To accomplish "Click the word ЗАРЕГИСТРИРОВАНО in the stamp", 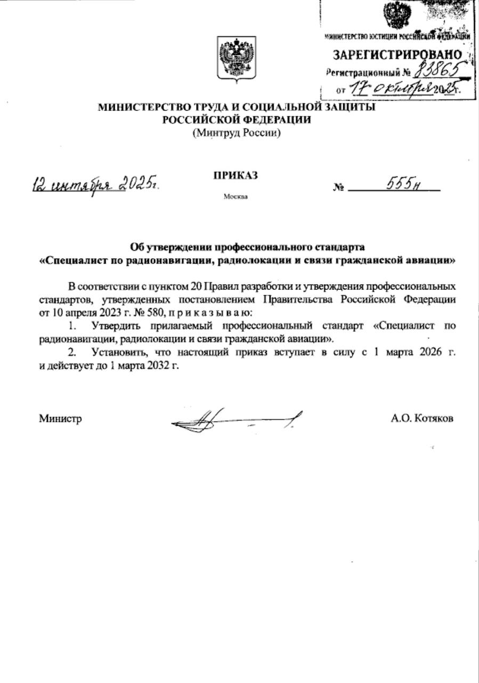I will (x=397, y=54).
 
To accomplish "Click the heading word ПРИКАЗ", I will (x=236, y=175).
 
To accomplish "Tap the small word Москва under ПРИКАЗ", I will (x=236, y=196).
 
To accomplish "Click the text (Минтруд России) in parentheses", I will (x=237, y=133).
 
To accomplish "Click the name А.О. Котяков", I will (x=422, y=419).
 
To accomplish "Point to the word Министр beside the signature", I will (x=60, y=419).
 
